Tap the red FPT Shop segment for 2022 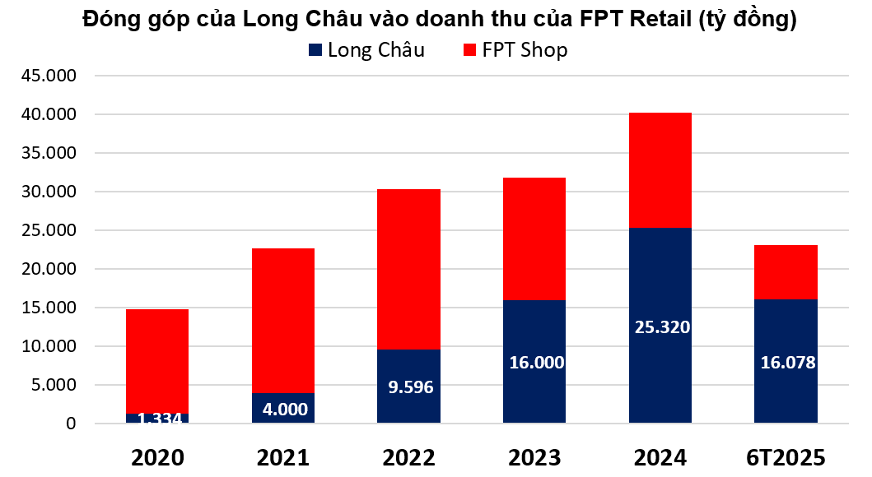[x=408, y=269]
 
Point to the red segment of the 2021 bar [x=282, y=320]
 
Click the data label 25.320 [x=661, y=326]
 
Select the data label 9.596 [x=409, y=386]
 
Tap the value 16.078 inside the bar [x=786, y=362]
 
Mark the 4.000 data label [x=282, y=409]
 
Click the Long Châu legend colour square [x=315, y=50]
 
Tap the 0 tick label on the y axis [x=71, y=424]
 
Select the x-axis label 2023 [x=534, y=457]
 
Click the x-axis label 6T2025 [x=786, y=457]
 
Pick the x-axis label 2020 [x=157, y=457]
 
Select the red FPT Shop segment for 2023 [x=534, y=238]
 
